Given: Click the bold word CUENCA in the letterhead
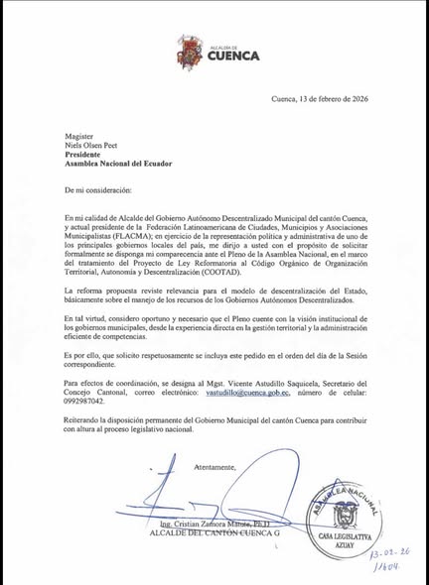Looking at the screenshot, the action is click(x=231, y=57).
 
